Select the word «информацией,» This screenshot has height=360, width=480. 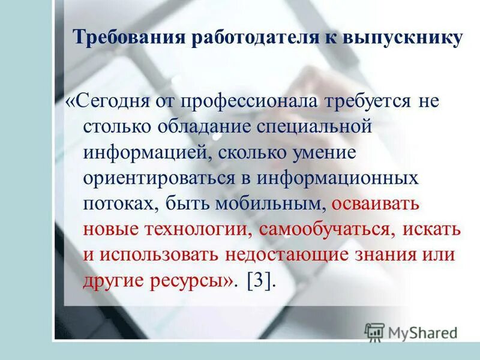pyautogui.click(x=146, y=152)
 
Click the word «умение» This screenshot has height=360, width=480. pyautogui.click(x=324, y=152)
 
